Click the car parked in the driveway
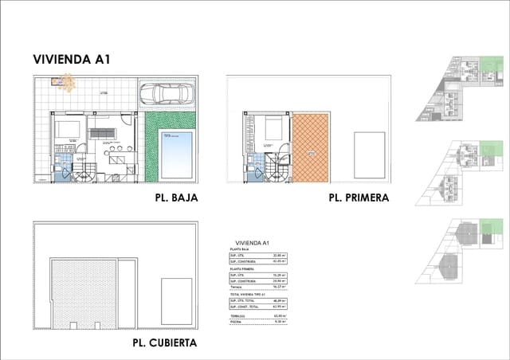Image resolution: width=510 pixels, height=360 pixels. (167, 95)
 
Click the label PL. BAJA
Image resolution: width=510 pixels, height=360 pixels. (171, 198)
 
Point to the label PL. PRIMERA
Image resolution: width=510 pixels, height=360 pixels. (358, 198)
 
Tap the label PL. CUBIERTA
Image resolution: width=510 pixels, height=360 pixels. (165, 343)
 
